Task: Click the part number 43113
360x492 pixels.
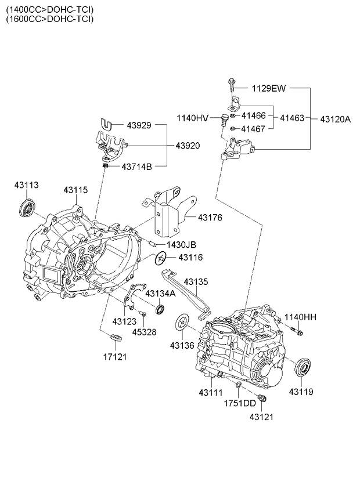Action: tap(26, 185)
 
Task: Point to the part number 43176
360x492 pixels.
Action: tap(210, 218)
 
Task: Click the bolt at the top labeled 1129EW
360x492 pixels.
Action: tap(231, 86)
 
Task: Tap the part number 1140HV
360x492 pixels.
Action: tap(192, 118)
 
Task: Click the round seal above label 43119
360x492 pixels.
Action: tap(303, 368)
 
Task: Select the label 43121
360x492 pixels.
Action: tap(261, 417)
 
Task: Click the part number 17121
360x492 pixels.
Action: tap(115, 356)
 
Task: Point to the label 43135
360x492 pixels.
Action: tap(196, 282)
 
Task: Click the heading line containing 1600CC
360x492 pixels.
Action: tap(49, 19)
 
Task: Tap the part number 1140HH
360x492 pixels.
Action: tap(300, 317)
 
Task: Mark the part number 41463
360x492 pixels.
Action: tap(291, 118)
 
